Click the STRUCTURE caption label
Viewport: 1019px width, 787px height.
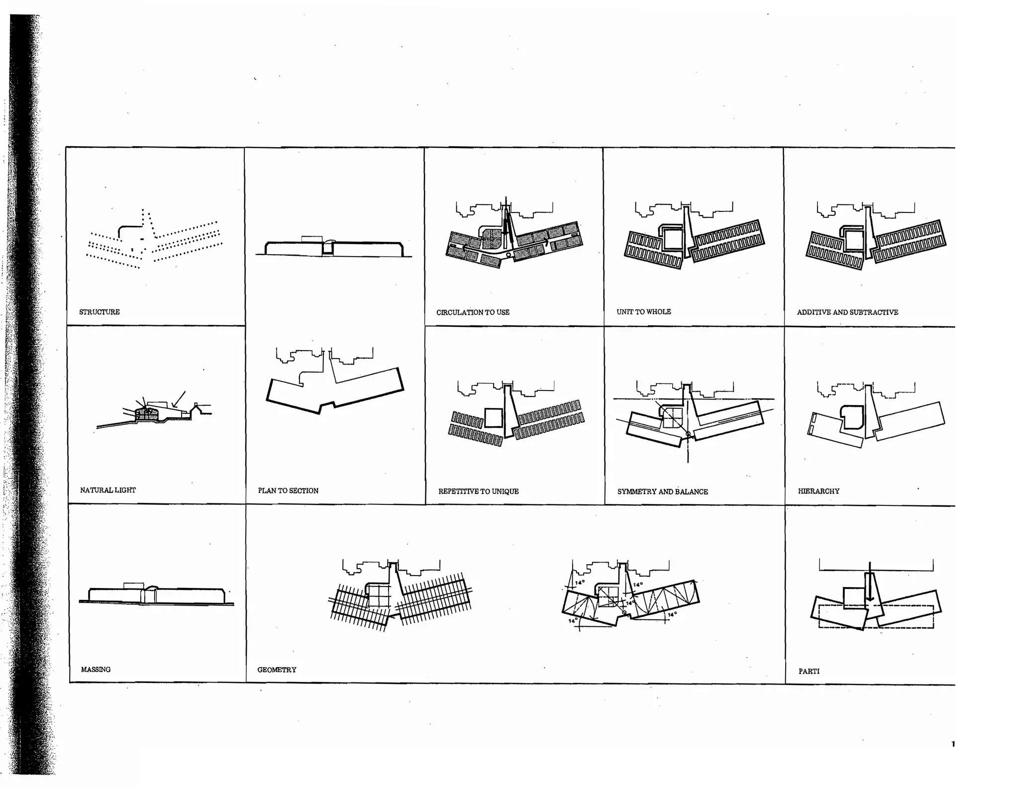[x=100, y=312]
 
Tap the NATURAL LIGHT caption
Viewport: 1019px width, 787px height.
[x=108, y=490]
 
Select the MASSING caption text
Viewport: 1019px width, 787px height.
[x=96, y=670]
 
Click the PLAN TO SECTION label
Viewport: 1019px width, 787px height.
[x=288, y=491]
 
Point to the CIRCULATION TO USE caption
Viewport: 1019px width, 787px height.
[x=473, y=312]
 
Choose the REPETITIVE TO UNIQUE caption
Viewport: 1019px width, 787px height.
[x=478, y=492]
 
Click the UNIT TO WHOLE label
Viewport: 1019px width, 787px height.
[x=643, y=312]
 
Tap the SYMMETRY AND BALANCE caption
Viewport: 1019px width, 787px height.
[x=662, y=492]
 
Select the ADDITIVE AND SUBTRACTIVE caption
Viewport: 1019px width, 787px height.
[x=847, y=312]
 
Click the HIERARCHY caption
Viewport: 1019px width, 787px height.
[x=818, y=491]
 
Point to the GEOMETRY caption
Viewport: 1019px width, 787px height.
[x=277, y=670]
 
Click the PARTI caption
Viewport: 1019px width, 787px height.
[x=809, y=672]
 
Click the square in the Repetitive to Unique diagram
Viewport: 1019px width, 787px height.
[x=493, y=417]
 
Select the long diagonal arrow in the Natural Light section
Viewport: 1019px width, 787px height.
[x=179, y=399]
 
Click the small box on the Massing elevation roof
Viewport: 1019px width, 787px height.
[x=133, y=586]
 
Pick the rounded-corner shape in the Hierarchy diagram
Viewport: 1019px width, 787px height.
[x=852, y=417]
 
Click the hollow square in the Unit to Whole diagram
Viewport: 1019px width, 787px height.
[x=673, y=239]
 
